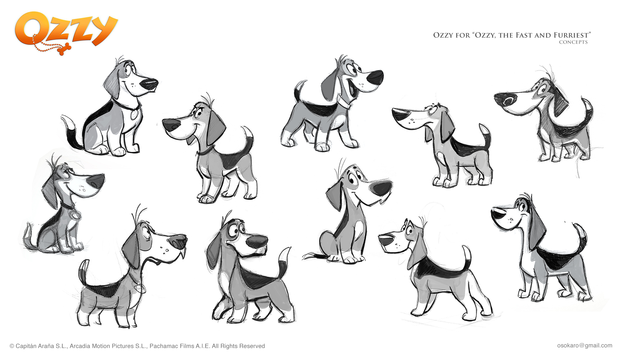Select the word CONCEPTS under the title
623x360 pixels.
[x=573, y=42]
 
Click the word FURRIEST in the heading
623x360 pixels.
[x=571, y=35]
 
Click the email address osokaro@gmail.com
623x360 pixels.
[x=585, y=345]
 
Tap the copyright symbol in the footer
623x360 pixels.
[x=12, y=346]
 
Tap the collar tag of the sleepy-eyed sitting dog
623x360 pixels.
[x=75, y=215]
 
